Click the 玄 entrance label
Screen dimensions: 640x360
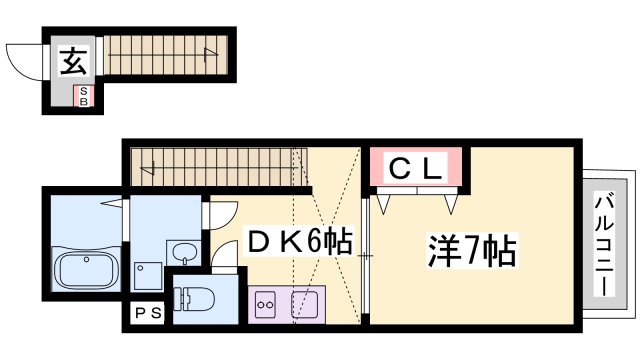click(x=74, y=61)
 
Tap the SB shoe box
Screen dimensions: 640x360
click(x=83, y=96)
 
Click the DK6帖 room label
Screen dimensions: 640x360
click(x=300, y=242)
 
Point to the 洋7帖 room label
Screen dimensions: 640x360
click(x=472, y=250)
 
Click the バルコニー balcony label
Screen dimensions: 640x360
click(x=604, y=246)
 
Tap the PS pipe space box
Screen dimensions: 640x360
click(x=148, y=313)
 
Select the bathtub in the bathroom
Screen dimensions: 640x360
click(x=86, y=271)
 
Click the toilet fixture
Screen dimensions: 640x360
click(x=193, y=300)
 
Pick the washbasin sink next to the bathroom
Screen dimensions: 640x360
click(x=184, y=253)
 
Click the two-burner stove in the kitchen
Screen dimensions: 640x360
click(x=264, y=304)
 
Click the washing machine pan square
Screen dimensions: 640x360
click(x=148, y=276)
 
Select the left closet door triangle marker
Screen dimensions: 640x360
click(x=383, y=204)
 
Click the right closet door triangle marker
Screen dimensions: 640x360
click(x=451, y=204)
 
